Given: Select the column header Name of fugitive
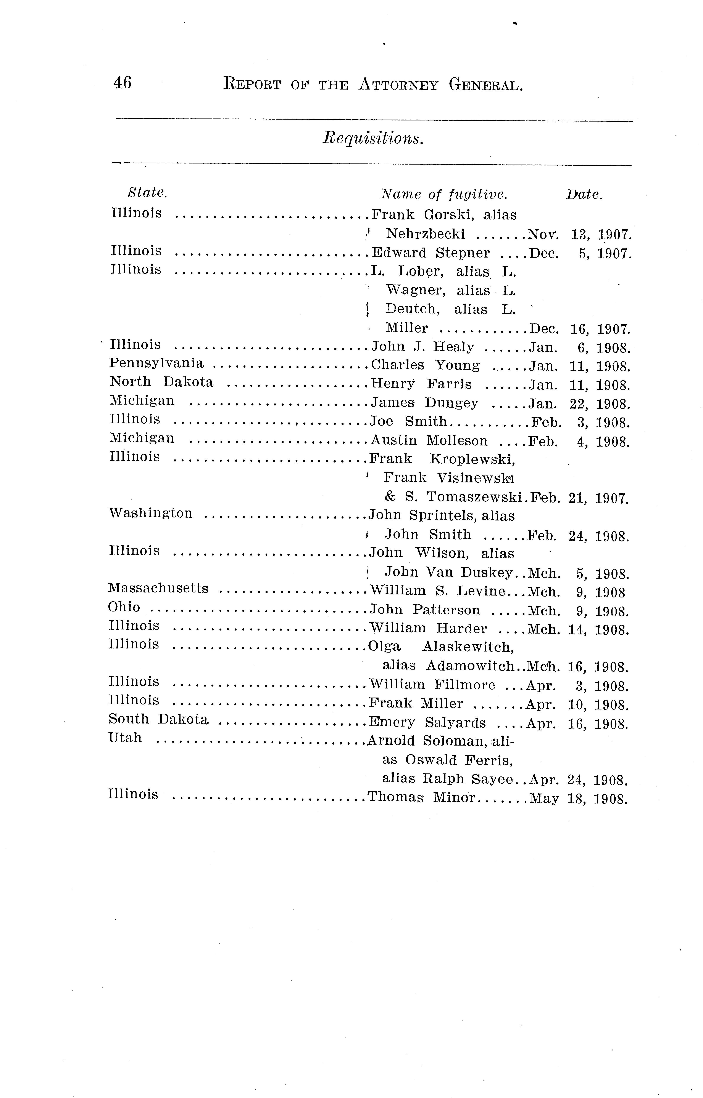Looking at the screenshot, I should (x=444, y=195).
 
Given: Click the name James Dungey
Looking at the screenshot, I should (x=424, y=403).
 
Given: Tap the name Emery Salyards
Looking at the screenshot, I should (x=427, y=723).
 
